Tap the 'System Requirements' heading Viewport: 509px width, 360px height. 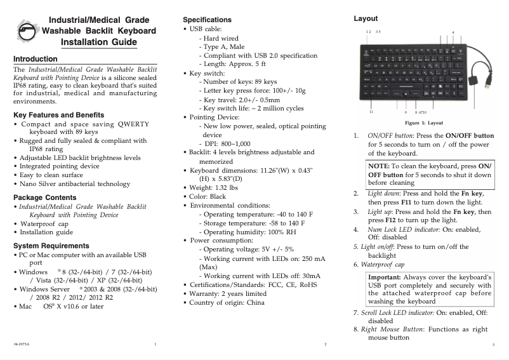click(51, 246)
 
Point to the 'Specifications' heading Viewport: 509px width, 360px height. click(207, 20)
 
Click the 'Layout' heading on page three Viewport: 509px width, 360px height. click(366, 19)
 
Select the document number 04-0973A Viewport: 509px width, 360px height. click(21, 343)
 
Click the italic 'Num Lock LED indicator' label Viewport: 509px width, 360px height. click(404, 229)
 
